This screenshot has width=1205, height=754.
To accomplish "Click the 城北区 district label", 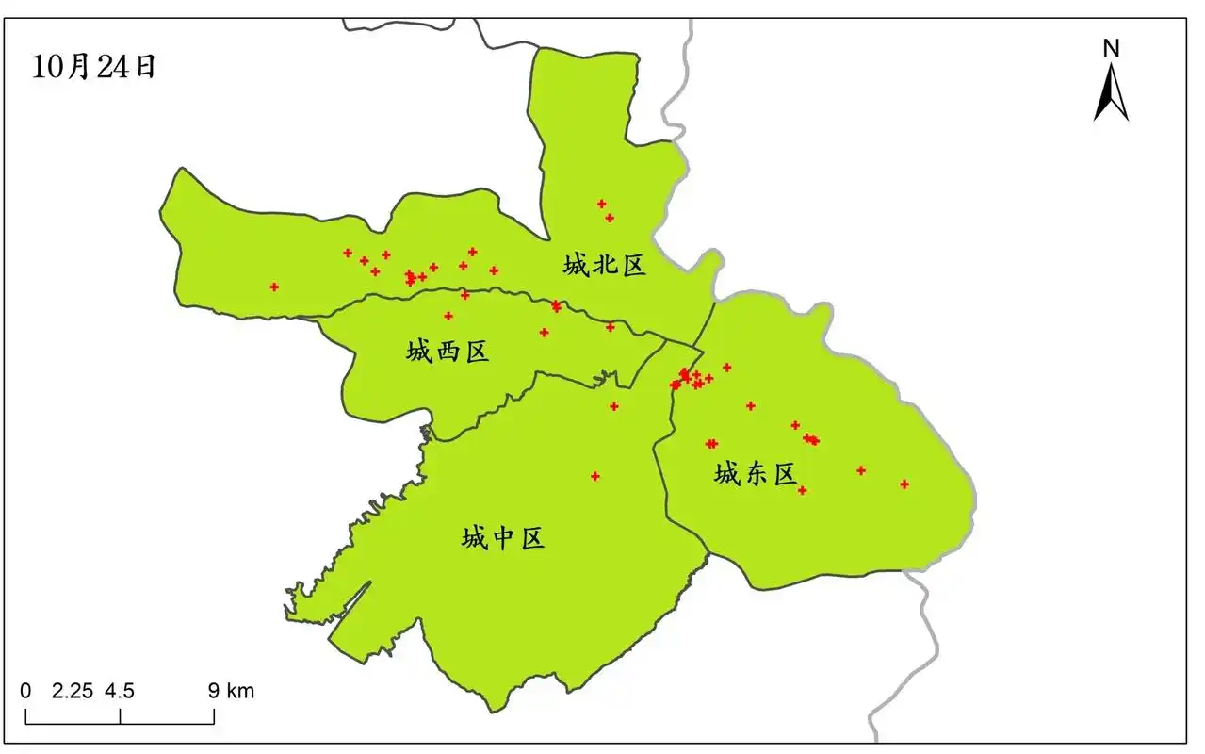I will (x=605, y=265).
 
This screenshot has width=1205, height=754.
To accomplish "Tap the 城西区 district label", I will (x=448, y=352).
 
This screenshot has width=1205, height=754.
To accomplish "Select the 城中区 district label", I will (x=503, y=538).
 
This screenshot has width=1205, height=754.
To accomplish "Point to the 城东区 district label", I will (x=756, y=474).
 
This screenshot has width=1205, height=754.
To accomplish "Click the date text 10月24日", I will (x=93, y=67).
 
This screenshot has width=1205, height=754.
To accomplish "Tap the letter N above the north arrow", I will (x=1111, y=48).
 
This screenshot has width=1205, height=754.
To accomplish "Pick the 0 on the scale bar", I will (x=25, y=691).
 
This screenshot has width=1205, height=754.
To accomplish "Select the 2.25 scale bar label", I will (x=72, y=691).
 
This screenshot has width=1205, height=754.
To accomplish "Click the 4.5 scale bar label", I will (x=120, y=691).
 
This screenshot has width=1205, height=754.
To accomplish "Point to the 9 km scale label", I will (x=231, y=691).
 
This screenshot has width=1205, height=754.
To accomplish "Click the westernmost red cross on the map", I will (x=274, y=287).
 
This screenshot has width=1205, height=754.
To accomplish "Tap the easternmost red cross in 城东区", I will (x=904, y=484).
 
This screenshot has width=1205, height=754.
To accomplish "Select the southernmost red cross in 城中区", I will (x=595, y=476).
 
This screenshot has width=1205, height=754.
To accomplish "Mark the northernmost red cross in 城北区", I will (x=601, y=204).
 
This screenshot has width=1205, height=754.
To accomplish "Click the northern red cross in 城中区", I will (x=614, y=406).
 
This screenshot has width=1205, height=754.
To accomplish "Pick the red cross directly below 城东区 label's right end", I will (x=802, y=490).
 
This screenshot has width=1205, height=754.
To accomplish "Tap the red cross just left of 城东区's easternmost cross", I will (x=860, y=470).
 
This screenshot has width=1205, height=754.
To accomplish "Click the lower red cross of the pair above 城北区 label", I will (x=610, y=218).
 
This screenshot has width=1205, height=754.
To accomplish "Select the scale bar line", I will (x=120, y=723).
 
